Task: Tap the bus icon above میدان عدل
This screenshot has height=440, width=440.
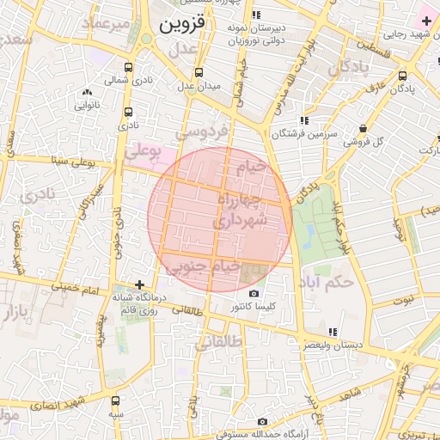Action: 199,72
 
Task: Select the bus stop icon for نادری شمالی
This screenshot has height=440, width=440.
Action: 129,67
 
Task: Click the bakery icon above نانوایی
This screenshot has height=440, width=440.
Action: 87,93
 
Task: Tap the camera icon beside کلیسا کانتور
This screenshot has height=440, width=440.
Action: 254,294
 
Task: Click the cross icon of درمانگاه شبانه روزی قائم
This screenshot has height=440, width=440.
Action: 140,284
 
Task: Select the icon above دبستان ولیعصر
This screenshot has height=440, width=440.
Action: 332,332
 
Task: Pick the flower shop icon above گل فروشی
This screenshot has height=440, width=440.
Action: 363,129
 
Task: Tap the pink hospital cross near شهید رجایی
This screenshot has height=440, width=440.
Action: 426,20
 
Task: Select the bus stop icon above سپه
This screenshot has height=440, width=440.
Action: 116,400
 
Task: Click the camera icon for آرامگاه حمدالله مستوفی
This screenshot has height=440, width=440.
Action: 262,421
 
